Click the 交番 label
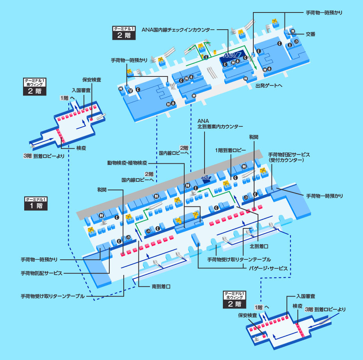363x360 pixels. coord(311,34)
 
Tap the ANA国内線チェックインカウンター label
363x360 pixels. coord(178,29)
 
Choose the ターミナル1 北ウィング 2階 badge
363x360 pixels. coord(235,300)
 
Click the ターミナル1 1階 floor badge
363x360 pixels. coord(36,203)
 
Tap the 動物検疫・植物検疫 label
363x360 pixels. coord(127,162)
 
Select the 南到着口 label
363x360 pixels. coord(161,286)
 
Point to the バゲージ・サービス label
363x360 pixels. coord(269,269)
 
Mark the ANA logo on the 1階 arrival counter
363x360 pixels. coord(205,178)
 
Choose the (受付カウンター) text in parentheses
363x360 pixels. coord(286,160)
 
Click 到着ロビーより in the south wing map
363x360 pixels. coord(49,156)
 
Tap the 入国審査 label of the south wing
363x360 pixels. coord(81,90)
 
